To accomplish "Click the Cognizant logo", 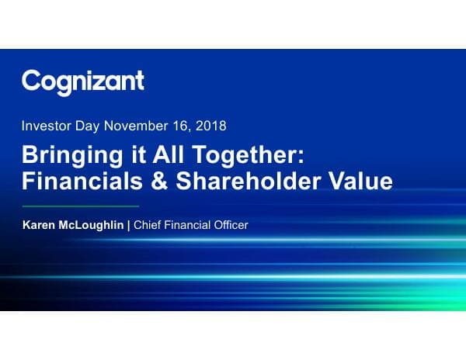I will coord(82,81).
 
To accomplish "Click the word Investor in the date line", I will coord(47,125).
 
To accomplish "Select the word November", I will coord(137,125).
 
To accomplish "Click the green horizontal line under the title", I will coord(80,206).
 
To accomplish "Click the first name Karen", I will coord(40,226).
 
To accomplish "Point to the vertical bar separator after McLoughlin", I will coord(130,226).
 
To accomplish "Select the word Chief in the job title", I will coord(148,226).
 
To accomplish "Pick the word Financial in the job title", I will coord(189,226).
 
